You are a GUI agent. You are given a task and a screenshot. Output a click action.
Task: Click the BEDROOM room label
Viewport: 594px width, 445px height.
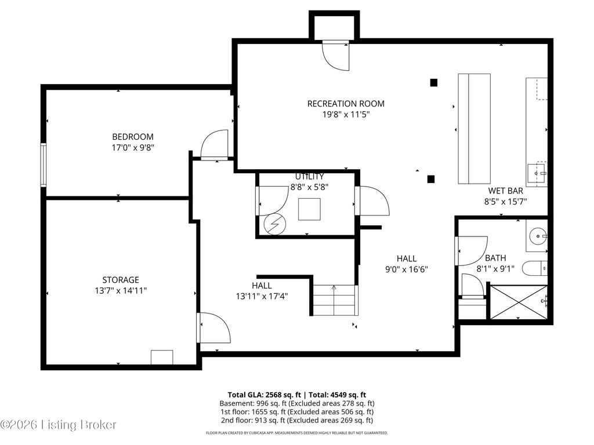point(133,137)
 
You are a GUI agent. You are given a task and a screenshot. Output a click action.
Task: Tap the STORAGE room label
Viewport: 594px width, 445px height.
point(121,280)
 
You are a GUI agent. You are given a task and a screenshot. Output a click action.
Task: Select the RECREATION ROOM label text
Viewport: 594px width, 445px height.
point(346,104)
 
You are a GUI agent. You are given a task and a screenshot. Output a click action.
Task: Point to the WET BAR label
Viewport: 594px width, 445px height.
point(505,191)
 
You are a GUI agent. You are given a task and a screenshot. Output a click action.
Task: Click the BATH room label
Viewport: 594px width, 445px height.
point(495,258)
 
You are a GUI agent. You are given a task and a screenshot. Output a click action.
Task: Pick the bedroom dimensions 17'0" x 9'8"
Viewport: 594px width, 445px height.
point(133,147)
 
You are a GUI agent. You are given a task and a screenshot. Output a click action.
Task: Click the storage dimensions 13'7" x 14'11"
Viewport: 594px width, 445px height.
point(121,291)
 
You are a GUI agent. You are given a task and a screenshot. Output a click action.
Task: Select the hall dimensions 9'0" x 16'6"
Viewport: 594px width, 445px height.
point(407,269)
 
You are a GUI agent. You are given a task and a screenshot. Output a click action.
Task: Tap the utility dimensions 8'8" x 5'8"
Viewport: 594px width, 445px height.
point(309,187)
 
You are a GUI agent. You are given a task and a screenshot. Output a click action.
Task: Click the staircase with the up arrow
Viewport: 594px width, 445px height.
point(335,301)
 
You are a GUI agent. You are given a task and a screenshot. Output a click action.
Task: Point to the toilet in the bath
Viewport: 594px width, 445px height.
point(534,268)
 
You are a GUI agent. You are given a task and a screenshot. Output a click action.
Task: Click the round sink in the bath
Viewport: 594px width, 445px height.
point(537,236)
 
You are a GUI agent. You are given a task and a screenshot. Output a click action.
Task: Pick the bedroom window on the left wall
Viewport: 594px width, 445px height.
point(44,165)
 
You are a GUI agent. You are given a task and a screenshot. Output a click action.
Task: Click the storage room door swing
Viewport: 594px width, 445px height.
point(213,328)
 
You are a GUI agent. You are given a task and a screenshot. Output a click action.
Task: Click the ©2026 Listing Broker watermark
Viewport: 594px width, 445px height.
point(58,425)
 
